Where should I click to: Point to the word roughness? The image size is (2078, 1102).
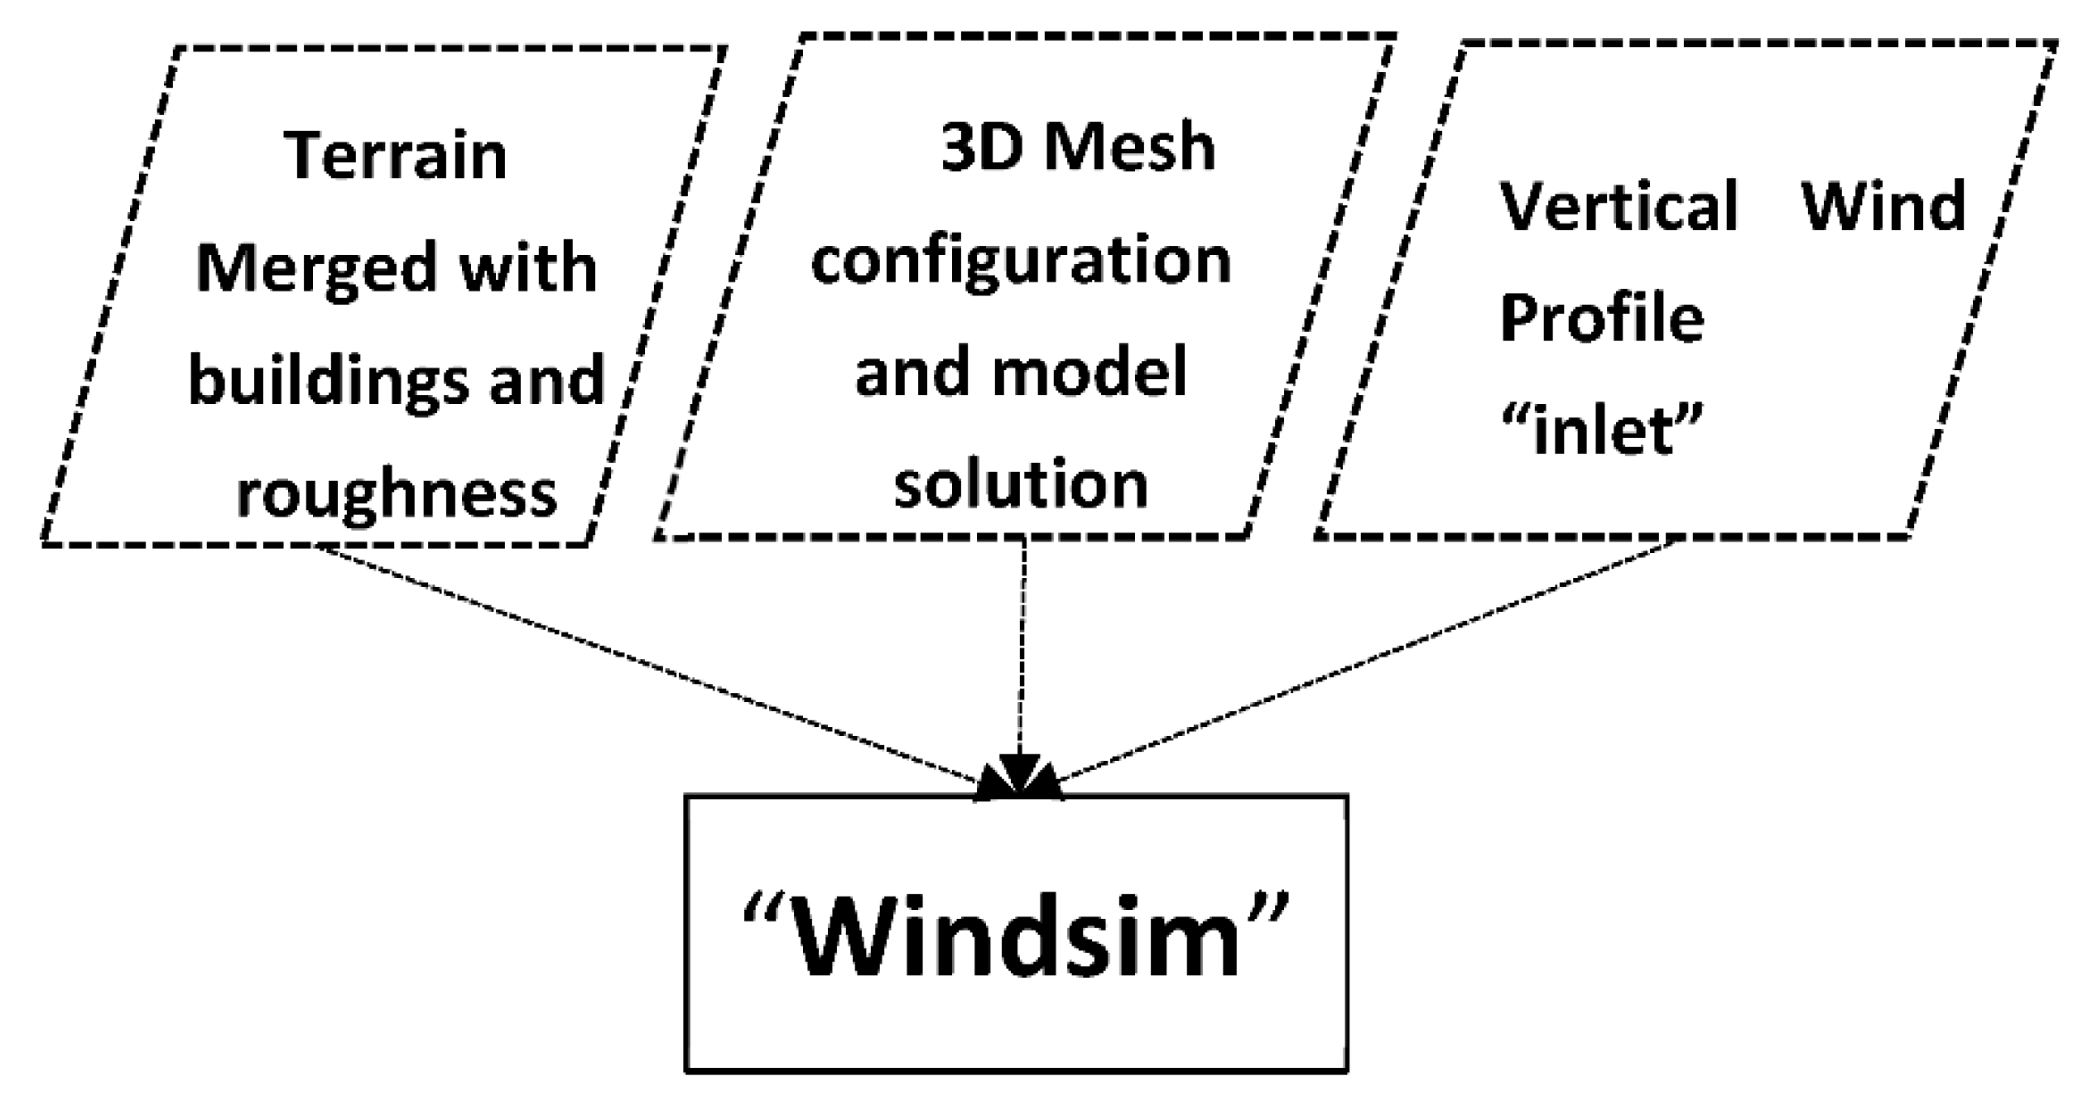coord(397,493)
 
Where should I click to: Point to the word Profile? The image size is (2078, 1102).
coord(1602,318)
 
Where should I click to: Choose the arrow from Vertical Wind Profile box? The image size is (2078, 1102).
coord(1366,662)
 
